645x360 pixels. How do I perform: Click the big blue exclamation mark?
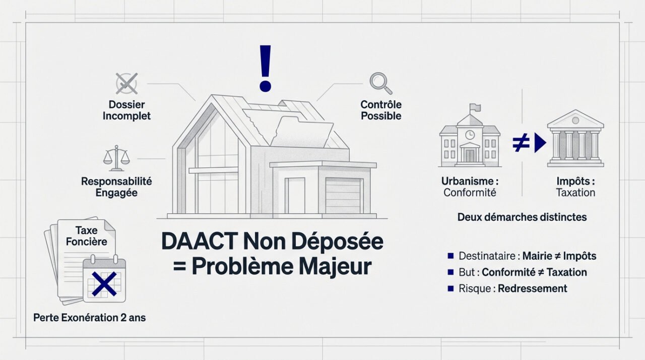[265, 68]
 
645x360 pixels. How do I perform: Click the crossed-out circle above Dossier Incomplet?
[126, 83]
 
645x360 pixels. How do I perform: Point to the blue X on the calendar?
[103, 283]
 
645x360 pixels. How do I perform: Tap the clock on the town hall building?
[470, 135]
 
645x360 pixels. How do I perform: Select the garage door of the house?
[343, 196]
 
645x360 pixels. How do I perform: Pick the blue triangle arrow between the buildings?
[540, 144]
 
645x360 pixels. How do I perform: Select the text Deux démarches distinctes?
[522, 217]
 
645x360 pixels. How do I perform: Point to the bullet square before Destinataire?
[450, 256]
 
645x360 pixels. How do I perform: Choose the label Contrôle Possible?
[381, 110]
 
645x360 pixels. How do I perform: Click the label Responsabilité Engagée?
[116, 187]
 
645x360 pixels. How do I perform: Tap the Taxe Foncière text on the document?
[86, 235]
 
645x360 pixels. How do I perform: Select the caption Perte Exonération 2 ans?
[89, 318]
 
